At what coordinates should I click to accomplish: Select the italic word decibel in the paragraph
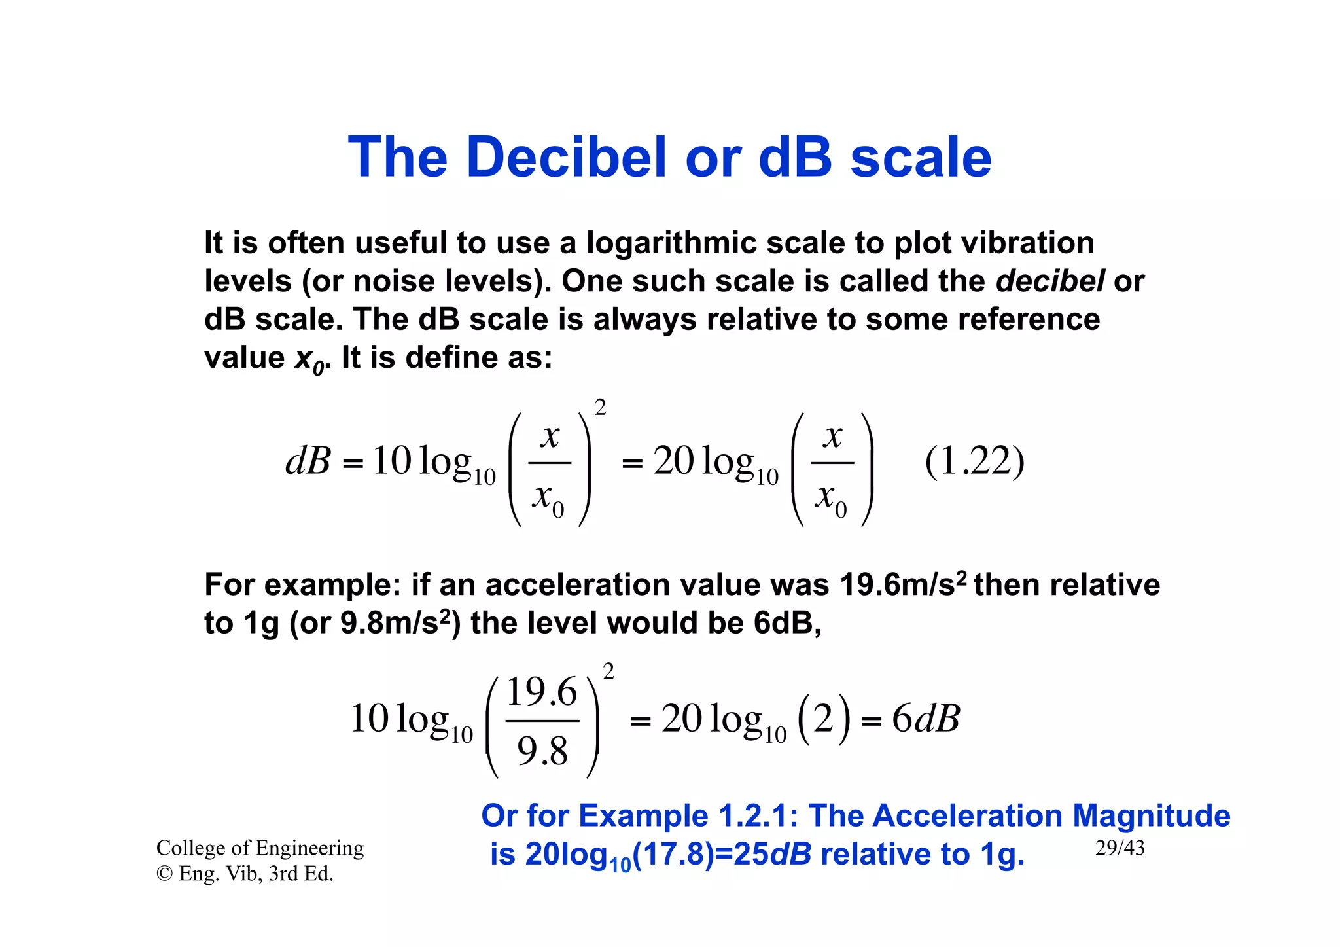[x=1050, y=281]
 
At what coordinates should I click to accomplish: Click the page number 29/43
[x=1120, y=848]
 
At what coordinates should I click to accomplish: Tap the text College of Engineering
[x=260, y=848]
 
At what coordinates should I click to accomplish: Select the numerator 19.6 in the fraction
[x=542, y=692]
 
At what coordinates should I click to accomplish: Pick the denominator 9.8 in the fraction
[x=542, y=750]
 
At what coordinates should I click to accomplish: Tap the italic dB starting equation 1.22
[x=308, y=461]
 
